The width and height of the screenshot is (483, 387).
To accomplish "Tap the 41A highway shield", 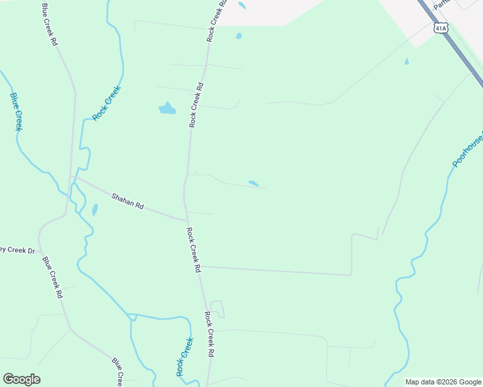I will pyautogui.click(x=440, y=28).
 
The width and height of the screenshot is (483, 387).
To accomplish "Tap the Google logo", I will pyautogui.click(x=21, y=379).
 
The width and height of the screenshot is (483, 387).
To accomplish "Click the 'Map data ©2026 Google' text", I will pyautogui.click(x=443, y=382).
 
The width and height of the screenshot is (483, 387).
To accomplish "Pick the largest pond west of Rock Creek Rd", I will pyautogui.click(x=167, y=108).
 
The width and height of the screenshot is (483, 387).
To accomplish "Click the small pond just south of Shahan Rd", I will pyautogui.click(x=95, y=210).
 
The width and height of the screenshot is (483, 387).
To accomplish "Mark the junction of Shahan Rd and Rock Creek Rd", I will pyautogui.click(x=187, y=220).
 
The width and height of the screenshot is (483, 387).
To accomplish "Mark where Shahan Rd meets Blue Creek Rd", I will pyautogui.click(x=72, y=177).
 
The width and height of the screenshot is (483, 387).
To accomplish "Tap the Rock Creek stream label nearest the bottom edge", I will pyautogui.click(x=184, y=357).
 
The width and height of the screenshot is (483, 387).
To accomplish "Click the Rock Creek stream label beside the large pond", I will pyautogui.click(x=107, y=103).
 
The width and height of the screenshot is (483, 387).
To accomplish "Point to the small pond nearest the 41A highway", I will pyautogui.click(x=406, y=62).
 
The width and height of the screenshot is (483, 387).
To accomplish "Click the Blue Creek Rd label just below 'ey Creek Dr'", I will pyautogui.click(x=52, y=277).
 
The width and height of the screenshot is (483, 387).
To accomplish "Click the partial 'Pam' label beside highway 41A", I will pyautogui.click(x=441, y=5).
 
